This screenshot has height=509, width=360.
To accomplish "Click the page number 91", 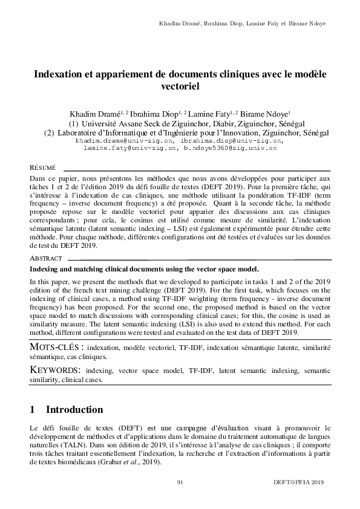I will [180, 482].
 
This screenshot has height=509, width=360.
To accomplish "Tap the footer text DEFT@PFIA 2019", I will [299, 482].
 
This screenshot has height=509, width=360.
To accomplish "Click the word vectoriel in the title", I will [180, 86].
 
